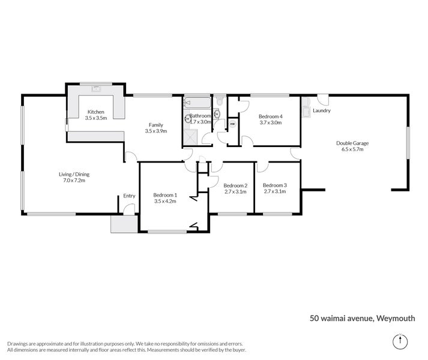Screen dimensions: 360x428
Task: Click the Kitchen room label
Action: point(96,112)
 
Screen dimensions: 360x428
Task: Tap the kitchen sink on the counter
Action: point(96,89)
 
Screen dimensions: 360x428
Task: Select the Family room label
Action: point(155,125)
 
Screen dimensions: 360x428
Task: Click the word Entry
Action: point(128,196)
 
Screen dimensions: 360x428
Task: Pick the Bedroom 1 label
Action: point(164,195)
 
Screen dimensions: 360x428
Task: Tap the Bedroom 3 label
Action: point(275,185)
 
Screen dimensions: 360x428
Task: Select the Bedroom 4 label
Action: point(270,116)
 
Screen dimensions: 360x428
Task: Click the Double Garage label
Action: point(352,143)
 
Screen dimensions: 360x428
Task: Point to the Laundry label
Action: point(322,110)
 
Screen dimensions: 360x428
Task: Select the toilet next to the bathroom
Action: point(220,101)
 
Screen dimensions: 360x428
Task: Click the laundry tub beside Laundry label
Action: point(306,111)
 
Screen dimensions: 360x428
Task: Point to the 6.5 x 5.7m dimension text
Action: point(352,149)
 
